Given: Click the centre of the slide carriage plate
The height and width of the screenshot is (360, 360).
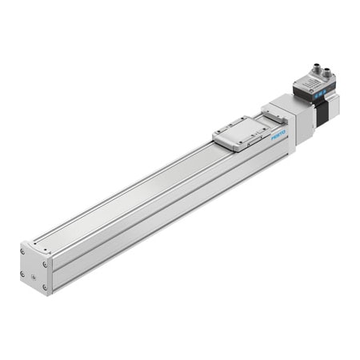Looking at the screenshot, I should tap(239, 130).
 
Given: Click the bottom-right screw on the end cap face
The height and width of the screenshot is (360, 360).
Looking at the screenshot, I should tap(46, 283).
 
